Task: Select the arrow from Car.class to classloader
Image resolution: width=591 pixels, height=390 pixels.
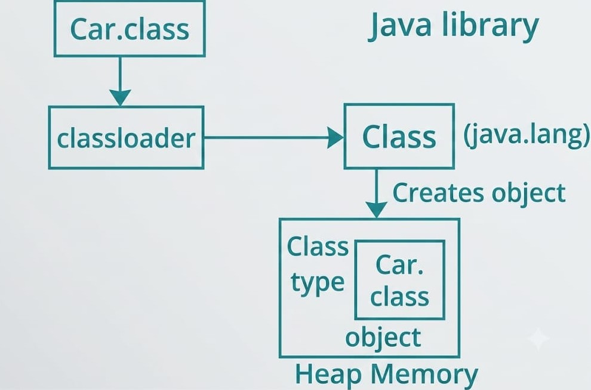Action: click(120, 81)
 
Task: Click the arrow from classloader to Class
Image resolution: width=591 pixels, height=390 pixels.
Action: click(274, 137)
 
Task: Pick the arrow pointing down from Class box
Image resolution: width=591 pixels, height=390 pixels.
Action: click(376, 193)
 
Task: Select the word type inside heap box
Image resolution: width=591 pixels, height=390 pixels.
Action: click(318, 283)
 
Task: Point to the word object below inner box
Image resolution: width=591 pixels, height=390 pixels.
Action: click(383, 338)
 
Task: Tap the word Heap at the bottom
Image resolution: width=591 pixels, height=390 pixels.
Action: click(328, 374)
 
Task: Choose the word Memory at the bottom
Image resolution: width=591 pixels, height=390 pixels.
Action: click(424, 374)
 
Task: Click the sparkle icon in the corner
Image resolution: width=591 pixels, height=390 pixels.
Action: click(538, 338)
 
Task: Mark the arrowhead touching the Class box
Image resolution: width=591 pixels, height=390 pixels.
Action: click(336, 137)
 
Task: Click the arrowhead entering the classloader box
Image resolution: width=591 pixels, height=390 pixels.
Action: click(120, 98)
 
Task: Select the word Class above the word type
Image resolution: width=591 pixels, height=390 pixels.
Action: click(318, 247)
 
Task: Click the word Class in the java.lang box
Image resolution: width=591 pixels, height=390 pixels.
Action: click(399, 137)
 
